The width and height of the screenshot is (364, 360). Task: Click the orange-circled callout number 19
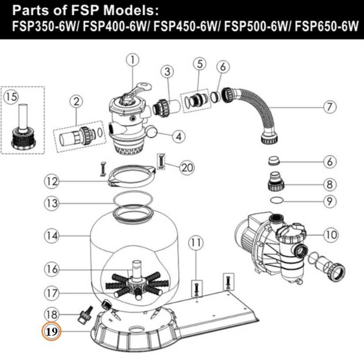(51, 331)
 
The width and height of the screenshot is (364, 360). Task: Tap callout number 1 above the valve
(133, 60)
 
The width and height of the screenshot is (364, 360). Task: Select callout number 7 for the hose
(330, 107)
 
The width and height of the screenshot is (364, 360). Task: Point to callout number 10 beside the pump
(330, 235)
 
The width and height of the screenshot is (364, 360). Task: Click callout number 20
(187, 167)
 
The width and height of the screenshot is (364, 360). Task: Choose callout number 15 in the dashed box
(11, 97)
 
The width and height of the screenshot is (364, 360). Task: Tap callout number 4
(179, 137)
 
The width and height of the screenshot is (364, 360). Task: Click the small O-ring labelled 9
(277, 199)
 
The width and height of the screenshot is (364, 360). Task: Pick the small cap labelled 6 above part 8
(274, 161)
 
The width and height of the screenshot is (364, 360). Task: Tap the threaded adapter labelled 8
(276, 181)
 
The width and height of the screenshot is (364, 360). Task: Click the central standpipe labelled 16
(137, 270)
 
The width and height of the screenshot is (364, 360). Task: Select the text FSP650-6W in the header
(327, 26)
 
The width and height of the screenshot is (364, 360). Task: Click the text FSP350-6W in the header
(44, 26)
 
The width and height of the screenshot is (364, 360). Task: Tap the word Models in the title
(131, 10)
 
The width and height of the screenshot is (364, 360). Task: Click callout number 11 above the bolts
(196, 243)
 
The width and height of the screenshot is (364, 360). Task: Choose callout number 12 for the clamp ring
(51, 181)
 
